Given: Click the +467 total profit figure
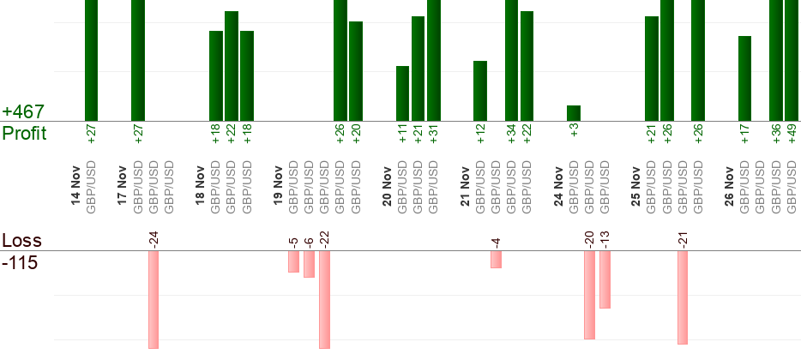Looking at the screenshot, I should pos(23,112).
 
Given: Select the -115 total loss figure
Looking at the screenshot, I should pos(20,263).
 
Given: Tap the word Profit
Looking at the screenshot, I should pos(25,134).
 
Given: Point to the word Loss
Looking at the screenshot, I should pos(22,241).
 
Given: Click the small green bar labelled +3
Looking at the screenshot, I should pos(574,113).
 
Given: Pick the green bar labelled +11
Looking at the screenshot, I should pos(402,93).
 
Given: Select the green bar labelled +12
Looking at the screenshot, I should pos(480,91).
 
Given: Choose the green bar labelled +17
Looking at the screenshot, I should pos(744,79).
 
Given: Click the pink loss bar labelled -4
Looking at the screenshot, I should pos(496,259).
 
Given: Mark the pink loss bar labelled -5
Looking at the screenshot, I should pos(293,261).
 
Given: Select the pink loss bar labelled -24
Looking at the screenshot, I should pos(154,299).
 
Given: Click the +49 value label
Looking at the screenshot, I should pos(792,134).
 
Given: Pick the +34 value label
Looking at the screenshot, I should pos(512,134).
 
